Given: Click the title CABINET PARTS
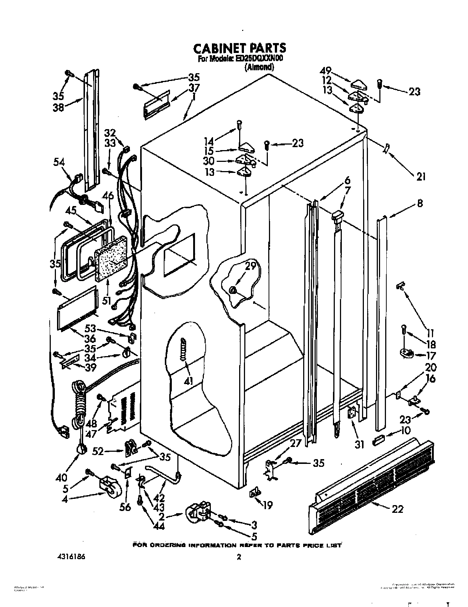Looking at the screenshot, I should coord(239,48).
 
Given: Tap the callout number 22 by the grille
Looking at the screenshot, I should coord(397,509).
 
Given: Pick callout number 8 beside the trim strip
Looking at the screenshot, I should coord(420,203).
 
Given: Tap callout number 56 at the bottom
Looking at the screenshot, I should coord(125,507).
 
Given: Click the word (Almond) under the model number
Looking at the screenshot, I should coord(259,67).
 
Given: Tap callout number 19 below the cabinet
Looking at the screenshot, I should coord(268,505).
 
